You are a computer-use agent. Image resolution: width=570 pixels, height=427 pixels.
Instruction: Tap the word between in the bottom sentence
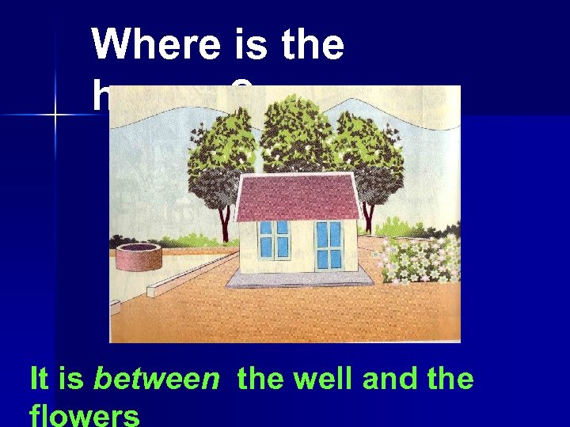coord(156,380)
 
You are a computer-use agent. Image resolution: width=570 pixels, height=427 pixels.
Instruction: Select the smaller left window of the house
coord(275,238)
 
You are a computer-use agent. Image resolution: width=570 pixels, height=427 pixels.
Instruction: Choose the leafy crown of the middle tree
coord(297,130)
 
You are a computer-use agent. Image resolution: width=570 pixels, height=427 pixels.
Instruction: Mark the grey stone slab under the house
coord(299,276)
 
